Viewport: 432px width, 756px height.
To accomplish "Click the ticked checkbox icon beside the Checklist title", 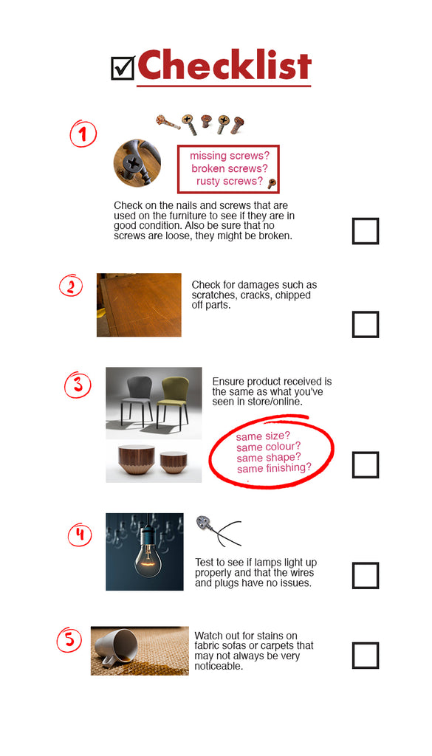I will [123, 68].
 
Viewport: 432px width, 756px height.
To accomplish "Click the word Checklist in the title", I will [224, 66].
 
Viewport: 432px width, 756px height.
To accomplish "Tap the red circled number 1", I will [83, 134].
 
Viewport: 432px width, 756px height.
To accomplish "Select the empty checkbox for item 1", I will [365, 231].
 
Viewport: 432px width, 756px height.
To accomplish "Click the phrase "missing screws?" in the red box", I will [229, 156].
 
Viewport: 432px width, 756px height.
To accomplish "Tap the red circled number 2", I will [71, 285].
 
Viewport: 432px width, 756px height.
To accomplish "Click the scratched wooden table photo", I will [139, 305].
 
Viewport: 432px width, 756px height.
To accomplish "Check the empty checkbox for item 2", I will [365, 324].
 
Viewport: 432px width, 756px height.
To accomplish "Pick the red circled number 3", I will [78, 385].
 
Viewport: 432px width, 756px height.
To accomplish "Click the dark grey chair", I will [136, 399].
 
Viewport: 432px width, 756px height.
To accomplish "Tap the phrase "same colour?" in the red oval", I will [268, 447].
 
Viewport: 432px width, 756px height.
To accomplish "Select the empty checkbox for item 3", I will [365, 465].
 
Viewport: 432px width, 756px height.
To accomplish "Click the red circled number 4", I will [80, 535].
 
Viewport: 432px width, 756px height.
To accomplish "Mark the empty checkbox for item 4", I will [365, 575].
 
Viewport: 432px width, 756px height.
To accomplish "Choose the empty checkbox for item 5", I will [365, 656].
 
